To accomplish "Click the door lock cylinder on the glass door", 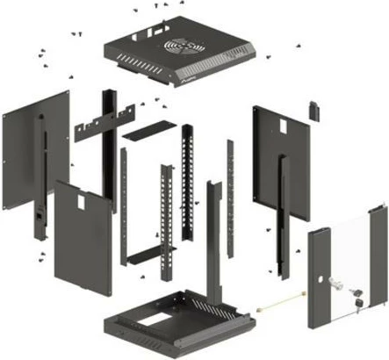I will tap(338, 283).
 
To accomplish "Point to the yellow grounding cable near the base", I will tap(281, 306).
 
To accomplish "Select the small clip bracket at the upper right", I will tap(313, 110).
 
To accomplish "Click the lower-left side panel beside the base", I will tap(83, 237).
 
